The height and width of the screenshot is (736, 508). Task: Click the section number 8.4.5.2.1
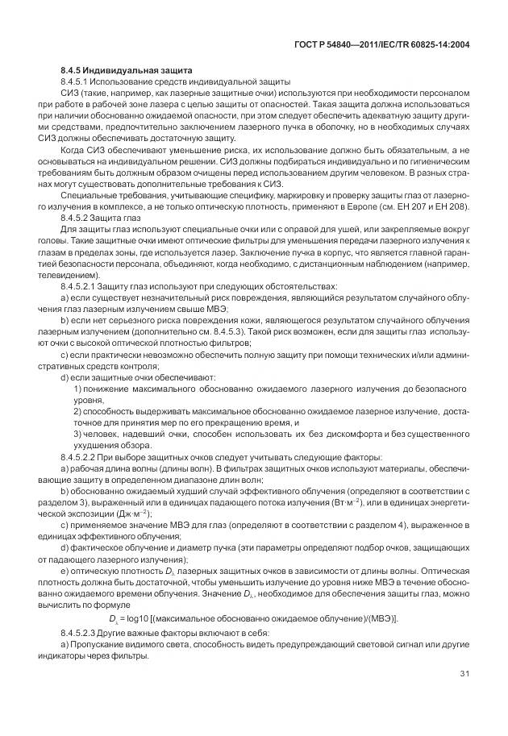(84, 287)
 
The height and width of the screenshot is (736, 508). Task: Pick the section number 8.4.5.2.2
(84, 456)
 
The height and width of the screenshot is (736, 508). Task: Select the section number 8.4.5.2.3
(84, 630)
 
